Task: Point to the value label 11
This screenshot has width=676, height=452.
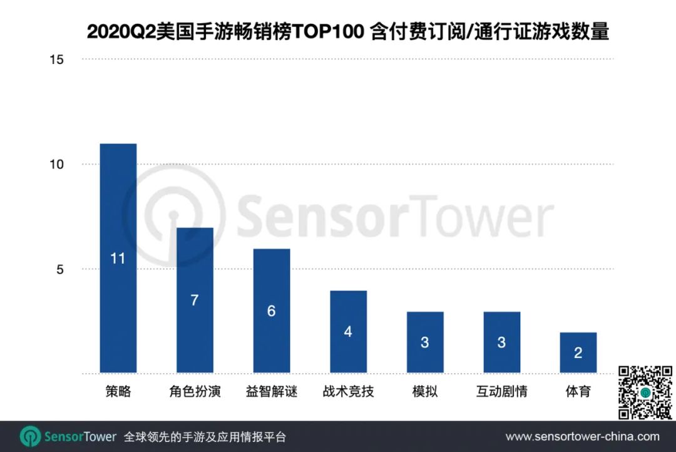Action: (118, 258)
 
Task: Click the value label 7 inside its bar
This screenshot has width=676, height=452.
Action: (195, 300)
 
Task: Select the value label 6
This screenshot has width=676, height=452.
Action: (271, 311)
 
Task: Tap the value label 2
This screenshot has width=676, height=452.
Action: (578, 353)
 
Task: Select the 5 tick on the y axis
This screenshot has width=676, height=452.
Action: (61, 270)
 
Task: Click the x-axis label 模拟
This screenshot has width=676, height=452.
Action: (424, 393)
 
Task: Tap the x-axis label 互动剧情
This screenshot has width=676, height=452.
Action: (501, 393)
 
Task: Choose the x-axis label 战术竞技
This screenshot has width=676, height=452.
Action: (348, 393)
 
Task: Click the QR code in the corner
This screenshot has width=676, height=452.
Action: (645, 393)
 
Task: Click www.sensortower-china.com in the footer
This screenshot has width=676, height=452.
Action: (582, 436)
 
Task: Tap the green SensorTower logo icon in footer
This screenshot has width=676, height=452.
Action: (30, 436)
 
